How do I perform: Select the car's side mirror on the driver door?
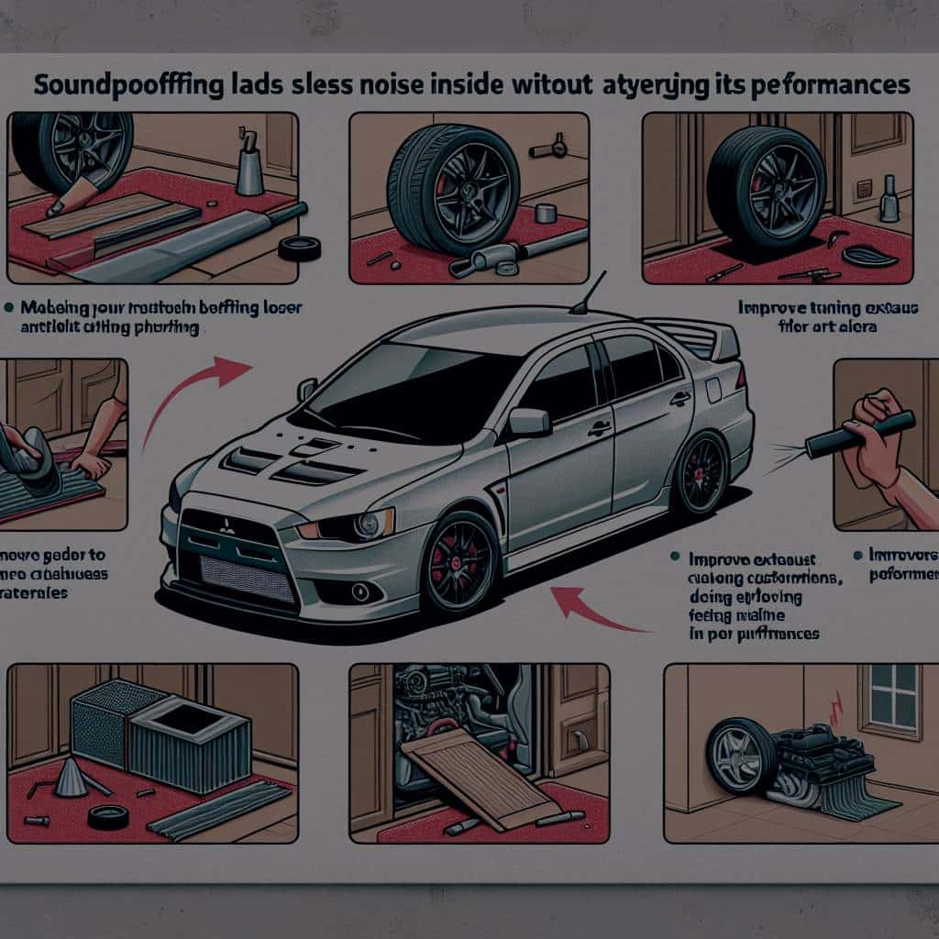[x=529, y=421]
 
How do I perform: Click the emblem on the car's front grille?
[x=227, y=525]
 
